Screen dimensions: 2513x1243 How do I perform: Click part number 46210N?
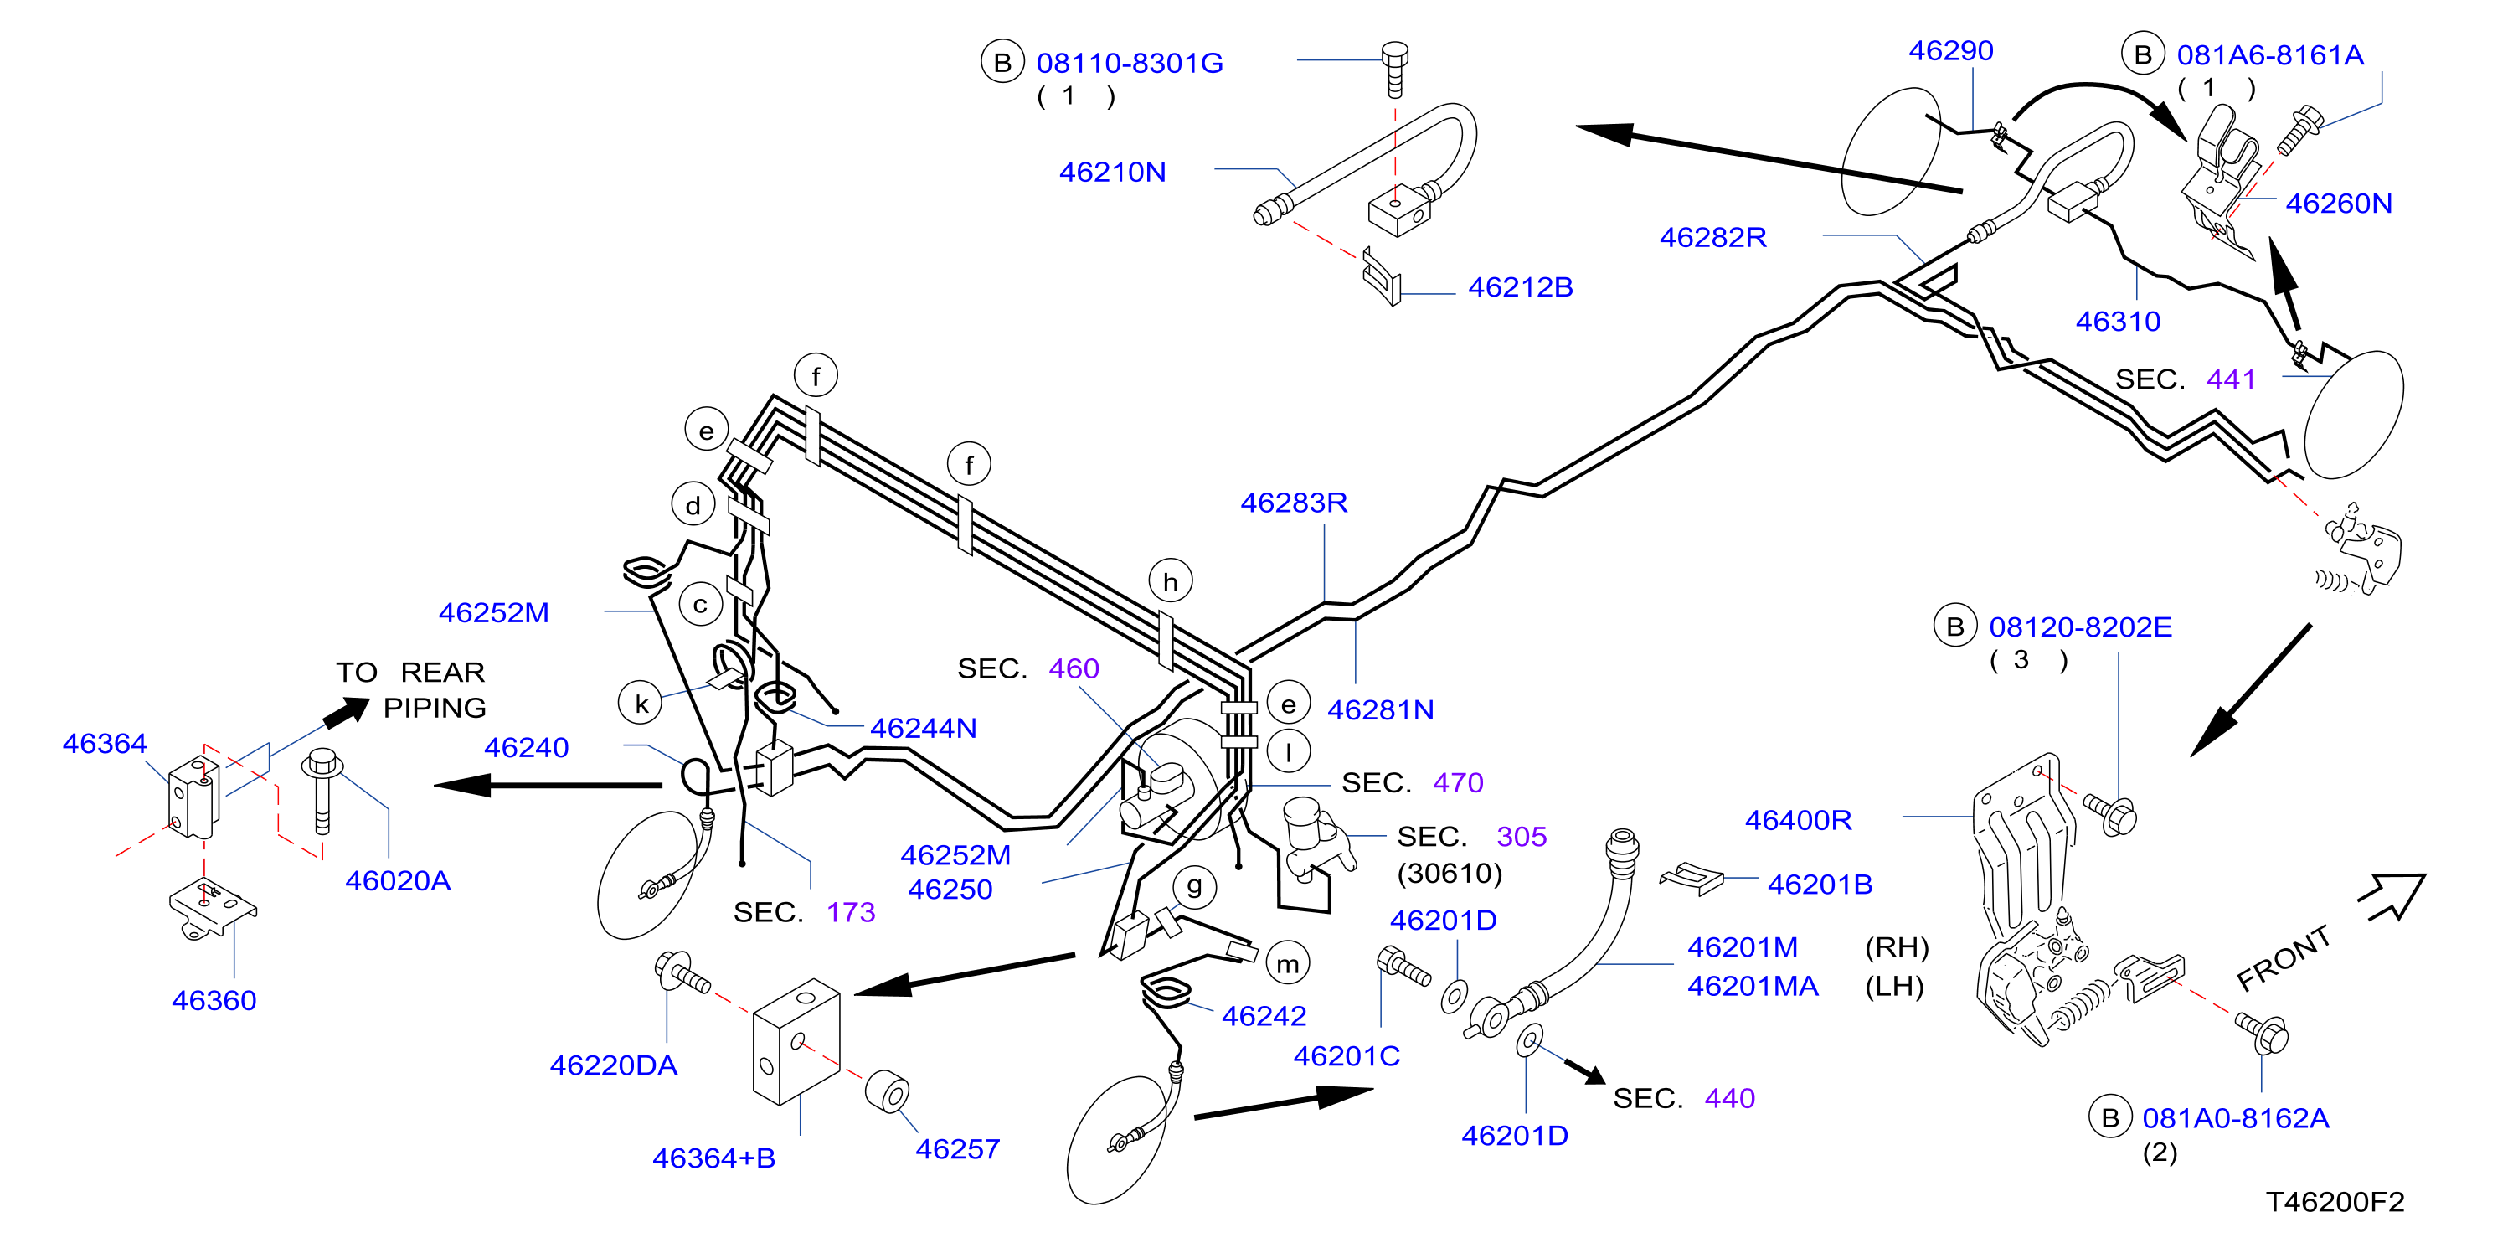click(1112, 173)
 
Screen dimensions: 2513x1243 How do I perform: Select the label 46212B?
click(1520, 288)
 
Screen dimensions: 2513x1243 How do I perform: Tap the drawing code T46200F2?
click(2335, 1202)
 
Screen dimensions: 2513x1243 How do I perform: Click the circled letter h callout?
click(1170, 581)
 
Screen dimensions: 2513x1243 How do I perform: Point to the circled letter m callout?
click(1288, 964)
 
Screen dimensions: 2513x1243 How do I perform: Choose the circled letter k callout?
click(641, 704)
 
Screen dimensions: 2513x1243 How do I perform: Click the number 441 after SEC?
click(2231, 379)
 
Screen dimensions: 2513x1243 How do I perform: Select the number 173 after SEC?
click(851, 912)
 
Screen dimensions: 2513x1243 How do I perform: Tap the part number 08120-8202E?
click(2080, 627)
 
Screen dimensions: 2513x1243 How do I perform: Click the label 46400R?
click(1798, 821)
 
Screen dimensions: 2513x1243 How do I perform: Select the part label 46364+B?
click(714, 1158)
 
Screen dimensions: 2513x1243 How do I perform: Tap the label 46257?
click(957, 1149)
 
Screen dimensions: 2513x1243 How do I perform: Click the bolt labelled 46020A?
click(321, 791)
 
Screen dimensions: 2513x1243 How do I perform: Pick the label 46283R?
click(1294, 503)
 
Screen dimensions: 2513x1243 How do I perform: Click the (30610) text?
click(1450, 874)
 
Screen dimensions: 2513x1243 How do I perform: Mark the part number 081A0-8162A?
click(2235, 1118)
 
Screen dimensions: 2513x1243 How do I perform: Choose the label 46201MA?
click(1753, 987)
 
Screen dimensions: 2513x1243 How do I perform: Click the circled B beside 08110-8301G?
click(1002, 63)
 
